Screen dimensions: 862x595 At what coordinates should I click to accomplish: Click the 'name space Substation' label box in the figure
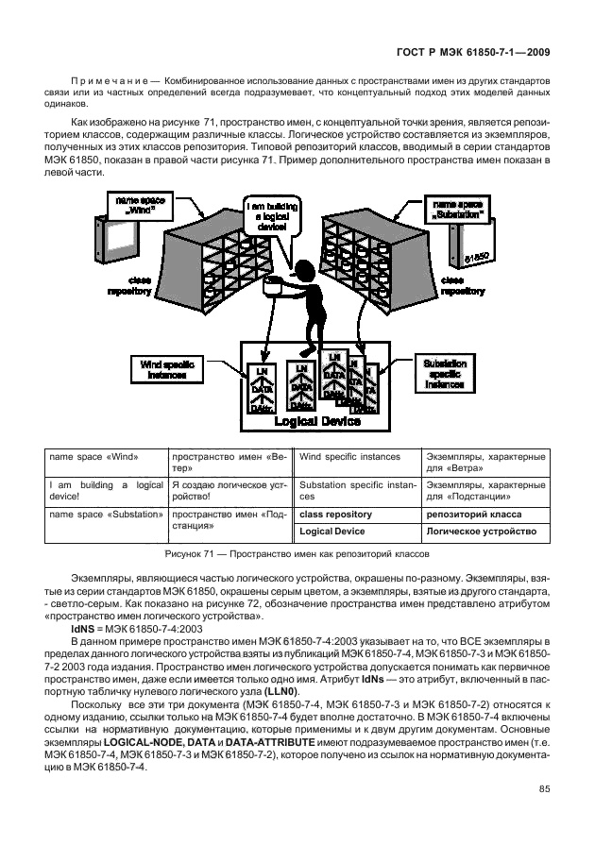tap(457, 209)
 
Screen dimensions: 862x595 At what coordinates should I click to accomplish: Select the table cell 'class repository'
tap(335, 515)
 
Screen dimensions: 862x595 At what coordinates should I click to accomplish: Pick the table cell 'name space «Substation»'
tap(102, 515)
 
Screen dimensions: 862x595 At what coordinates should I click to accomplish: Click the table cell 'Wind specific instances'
tap(349, 457)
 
